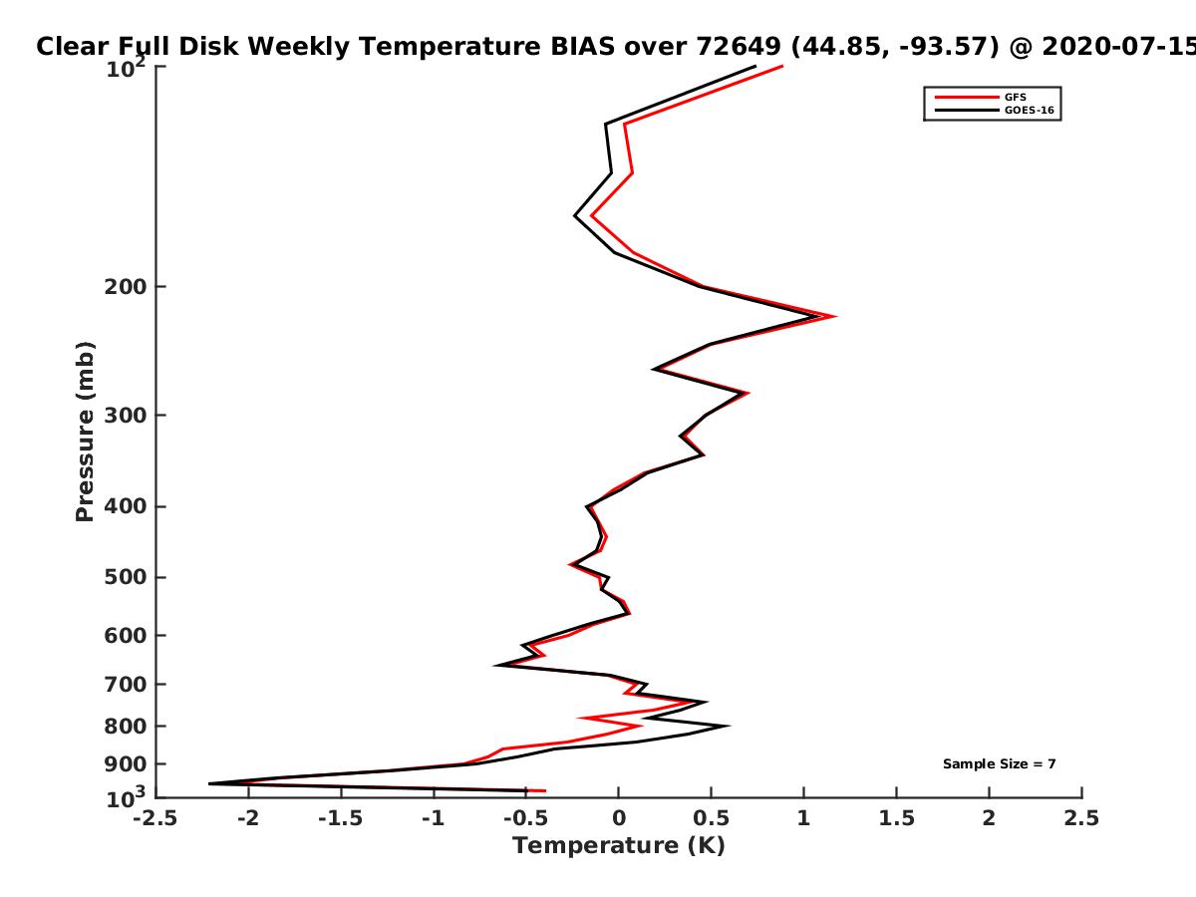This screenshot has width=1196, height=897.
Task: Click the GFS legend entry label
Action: pyautogui.click(x=1015, y=98)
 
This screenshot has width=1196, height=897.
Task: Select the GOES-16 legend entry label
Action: pyautogui.click(x=1029, y=110)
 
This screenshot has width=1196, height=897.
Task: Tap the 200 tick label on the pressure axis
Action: pyautogui.click(x=126, y=286)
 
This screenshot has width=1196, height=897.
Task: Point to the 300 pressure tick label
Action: pyautogui.click(x=126, y=416)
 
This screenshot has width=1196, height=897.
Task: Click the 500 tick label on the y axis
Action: pyautogui.click(x=126, y=577)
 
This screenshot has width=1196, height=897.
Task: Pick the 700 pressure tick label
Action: pyautogui.click(x=126, y=684)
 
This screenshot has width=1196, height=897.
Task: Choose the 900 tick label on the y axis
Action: pyautogui.click(x=126, y=764)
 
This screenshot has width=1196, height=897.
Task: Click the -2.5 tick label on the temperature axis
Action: pyautogui.click(x=155, y=818)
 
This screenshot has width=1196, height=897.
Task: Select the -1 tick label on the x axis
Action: pyautogui.click(x=434, y=818)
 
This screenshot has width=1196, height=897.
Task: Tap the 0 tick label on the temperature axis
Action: pyautogui.click(x=619, y=818)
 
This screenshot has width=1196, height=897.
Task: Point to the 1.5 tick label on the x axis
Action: pyautogui.click(x=896, y=818)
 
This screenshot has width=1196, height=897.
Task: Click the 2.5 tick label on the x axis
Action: pyautogui.click(x=1081, y=818)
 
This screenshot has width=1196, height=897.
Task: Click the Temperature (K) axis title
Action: pyautogui.click(x=619, y=846)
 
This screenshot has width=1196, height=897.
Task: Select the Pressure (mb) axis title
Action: pyautogui.click(x=85, y=432)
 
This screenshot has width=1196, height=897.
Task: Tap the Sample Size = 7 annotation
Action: pyautogui.click(x=1000, y=764)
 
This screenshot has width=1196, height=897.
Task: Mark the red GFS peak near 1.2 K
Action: pyautogui.click(x=835, y=316)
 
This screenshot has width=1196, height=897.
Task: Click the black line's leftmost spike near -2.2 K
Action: pyautogui.click(x=210, y=783)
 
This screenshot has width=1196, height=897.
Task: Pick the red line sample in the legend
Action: pyautogui.click(x=967, y=98)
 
